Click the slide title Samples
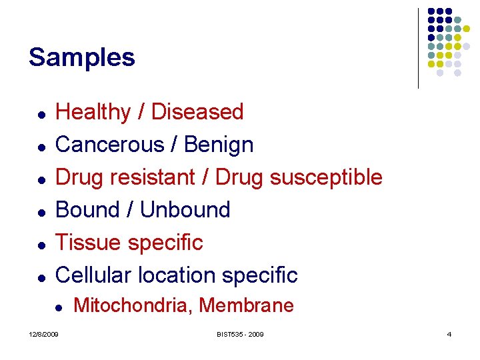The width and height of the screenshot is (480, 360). pos(81,57)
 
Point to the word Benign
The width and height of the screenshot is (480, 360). pos(219,145)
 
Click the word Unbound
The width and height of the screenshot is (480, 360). pos(185,210)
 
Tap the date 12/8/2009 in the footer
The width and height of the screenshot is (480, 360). pos(43,334)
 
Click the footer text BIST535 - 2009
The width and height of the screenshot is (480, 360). pos(239,334)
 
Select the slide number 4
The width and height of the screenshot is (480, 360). pos(449,334)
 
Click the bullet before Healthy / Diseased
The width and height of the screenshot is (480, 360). pos(41,114)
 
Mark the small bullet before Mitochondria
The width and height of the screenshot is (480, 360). pos(59,308)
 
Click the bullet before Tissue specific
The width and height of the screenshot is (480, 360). pos(41,245)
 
